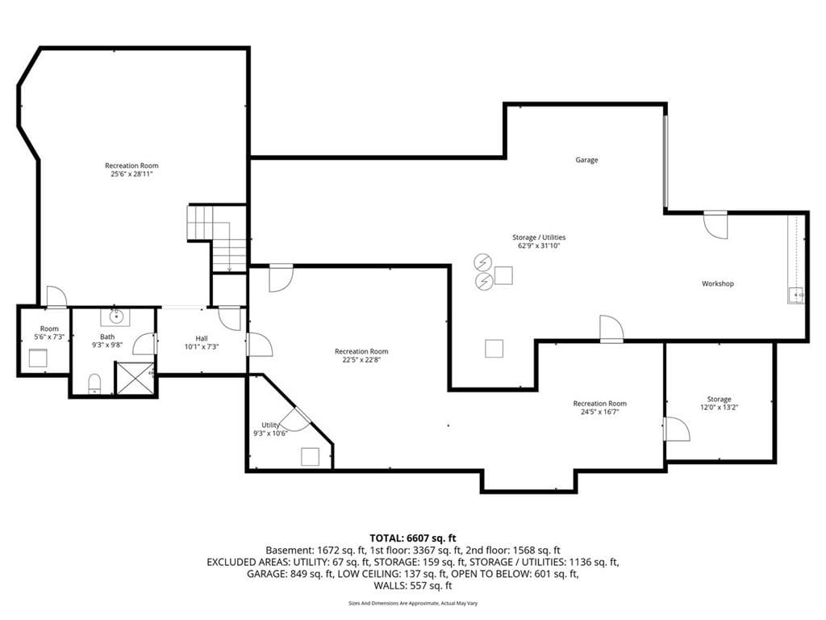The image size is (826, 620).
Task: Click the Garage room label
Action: coord(586,160)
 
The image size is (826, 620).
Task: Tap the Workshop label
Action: coord(717,283)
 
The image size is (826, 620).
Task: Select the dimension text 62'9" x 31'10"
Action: coord(539,245)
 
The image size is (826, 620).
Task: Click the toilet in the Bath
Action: coord(94,383)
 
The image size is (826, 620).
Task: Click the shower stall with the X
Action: coord(135,378)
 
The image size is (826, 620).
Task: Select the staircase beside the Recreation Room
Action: coord(217,238)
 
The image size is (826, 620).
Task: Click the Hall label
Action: coord(202,338)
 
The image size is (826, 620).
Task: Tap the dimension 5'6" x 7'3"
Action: coord(49,337)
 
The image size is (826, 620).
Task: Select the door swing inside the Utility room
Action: coord(295,419)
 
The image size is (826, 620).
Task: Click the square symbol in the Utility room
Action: coord(311,457)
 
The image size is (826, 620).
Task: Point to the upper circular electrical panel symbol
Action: coord(482,262)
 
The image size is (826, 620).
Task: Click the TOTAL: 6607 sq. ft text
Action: coord(413,538)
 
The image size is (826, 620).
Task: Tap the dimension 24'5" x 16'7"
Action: coord(599,412)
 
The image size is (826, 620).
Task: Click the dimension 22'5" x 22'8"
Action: coord(361,360)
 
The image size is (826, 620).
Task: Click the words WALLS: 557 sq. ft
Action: coord(413,586)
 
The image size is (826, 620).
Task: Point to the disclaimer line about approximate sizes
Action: coord(413,603)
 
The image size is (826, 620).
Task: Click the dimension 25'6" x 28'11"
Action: coord(131,174)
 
